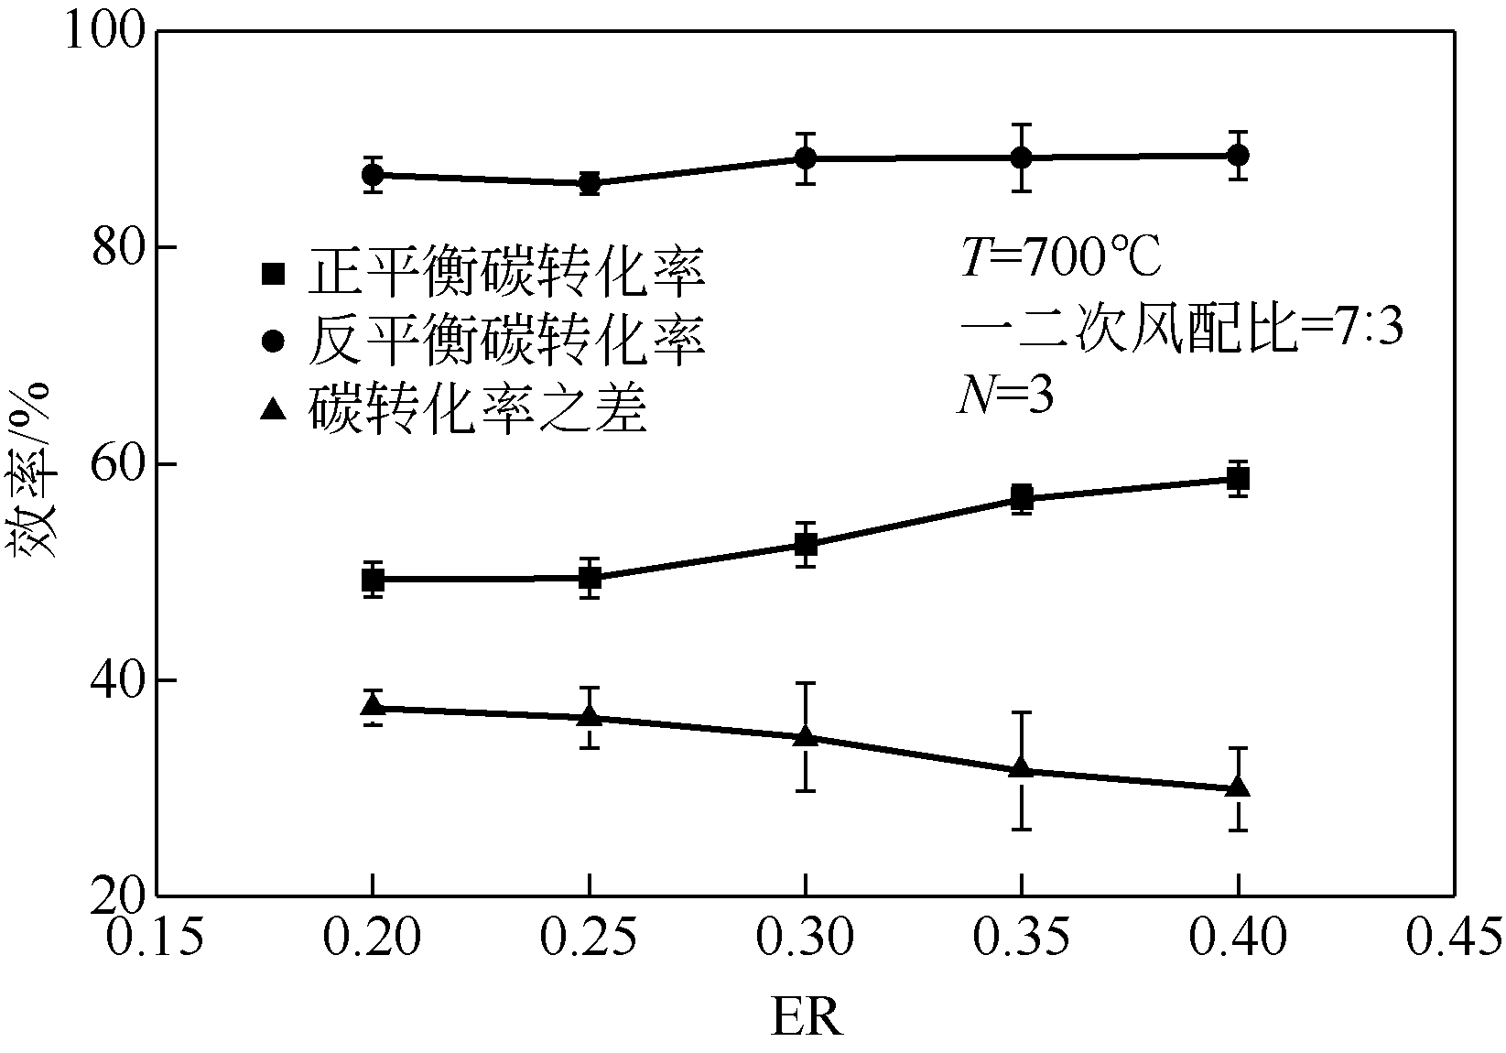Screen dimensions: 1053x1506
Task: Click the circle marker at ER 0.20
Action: coord(373,174)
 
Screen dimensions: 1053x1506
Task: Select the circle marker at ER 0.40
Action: coord(1238,155)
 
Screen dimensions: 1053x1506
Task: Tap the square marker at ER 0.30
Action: coord(806,545)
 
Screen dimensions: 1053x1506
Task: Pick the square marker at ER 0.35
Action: coord(1022,498)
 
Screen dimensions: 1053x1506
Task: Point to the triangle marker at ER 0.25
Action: coord(590,715)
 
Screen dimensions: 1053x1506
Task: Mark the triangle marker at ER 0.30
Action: coord(806,735)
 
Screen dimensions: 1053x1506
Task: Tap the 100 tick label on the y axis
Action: coord(105,34)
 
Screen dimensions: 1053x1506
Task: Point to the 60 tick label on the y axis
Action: coord(119,465)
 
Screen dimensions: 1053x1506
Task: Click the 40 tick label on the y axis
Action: coord(119,681)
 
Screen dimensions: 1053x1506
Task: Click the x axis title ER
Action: coord(806,1016)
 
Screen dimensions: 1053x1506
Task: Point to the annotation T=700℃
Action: coord(1060,259)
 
